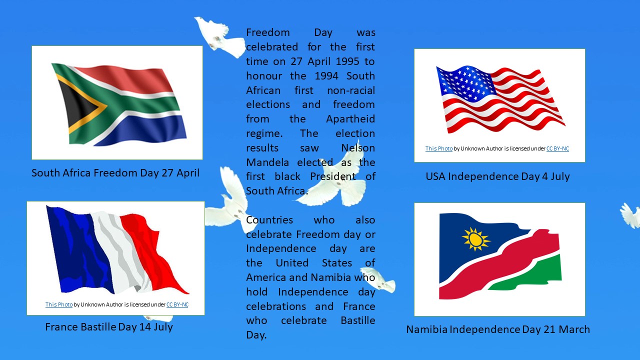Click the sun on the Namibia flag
click(x=476, y=239)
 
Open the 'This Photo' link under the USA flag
click(x=439, y=148)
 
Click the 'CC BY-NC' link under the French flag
click(x=177, y=304)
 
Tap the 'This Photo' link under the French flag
click(x=59, y=304)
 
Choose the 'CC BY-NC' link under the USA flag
click(x=557, y=148)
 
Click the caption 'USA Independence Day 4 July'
click(x=497, y=176)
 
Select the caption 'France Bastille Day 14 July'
click(x=109, y=327)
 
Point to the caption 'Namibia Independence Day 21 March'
click(x=498, y=329)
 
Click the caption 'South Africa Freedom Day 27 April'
click(x=115, y=173)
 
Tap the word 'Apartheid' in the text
click(x=350, y=119)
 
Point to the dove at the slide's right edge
click(x=630, y=215)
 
